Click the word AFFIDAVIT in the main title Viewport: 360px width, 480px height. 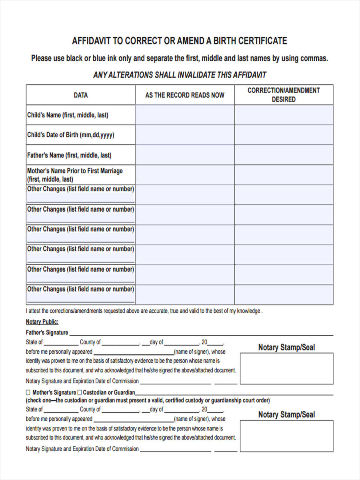coord(91,41)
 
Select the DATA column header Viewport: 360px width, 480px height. coord(80,95)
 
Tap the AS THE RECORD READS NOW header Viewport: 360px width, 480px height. coord(184,95)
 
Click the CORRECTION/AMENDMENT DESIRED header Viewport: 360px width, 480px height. coord(284,95)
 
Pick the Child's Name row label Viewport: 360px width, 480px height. coord(68,115)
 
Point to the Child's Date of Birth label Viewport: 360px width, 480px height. coord(70,135)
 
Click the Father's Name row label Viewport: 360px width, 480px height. coord(69,155)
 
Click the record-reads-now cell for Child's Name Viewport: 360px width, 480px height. coord(185,115)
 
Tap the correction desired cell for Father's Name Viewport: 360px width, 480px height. coord(284,155)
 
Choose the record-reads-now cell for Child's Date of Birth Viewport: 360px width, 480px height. coord(185,135)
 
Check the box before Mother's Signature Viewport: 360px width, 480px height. coord(28,392)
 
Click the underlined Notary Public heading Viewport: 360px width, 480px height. coord(42,322)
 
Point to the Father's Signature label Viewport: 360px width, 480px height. coord(47,332)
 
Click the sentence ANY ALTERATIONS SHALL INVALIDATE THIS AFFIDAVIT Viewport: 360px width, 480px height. coord(180,75)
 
